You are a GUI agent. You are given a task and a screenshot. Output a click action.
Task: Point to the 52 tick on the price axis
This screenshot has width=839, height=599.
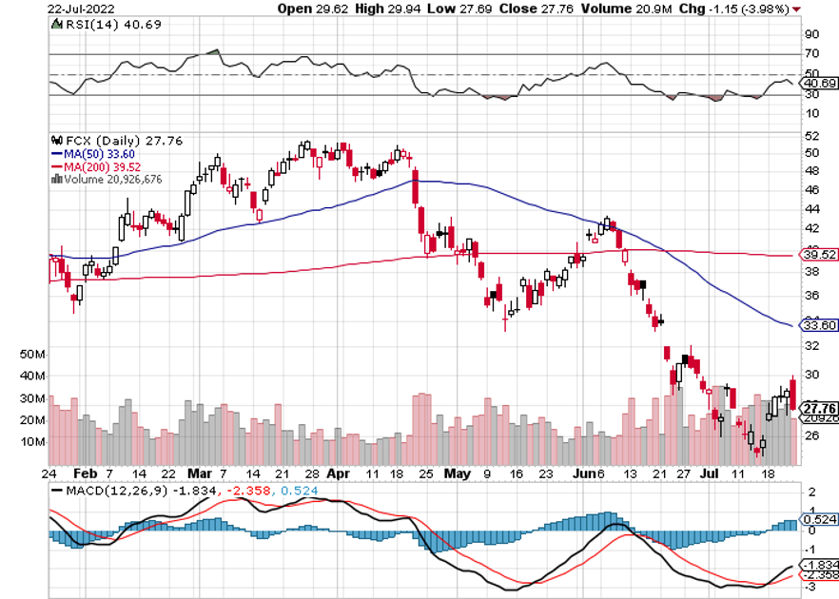[811, 152]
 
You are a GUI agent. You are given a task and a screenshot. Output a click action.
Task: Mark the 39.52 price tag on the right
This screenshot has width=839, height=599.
[818, 256]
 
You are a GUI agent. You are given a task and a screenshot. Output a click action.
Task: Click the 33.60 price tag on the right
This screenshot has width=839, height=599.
[818, 324]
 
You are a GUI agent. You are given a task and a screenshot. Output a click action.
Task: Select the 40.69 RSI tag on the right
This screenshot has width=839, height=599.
[818, 84]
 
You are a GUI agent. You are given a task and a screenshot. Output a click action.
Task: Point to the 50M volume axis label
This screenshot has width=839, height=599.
[60, 354]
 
